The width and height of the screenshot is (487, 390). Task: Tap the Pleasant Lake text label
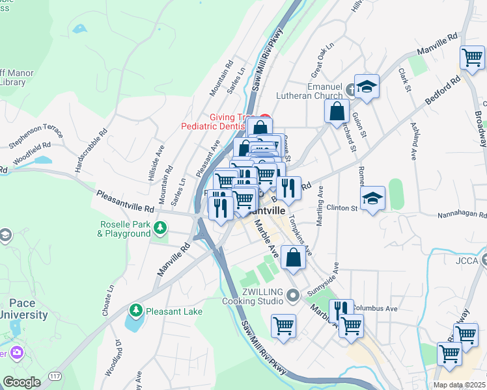click(x=174, y=311)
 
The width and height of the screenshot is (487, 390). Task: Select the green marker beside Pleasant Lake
click(x=136, y=309)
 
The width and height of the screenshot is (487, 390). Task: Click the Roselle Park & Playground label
click(x=124, y=229)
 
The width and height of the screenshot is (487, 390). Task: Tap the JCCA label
click(x=467, y=261)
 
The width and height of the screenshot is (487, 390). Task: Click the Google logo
click(x=21, y=382)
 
